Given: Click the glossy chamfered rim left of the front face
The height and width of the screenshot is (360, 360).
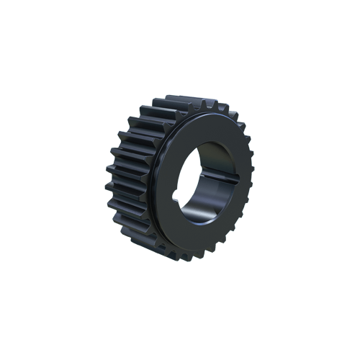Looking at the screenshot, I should click(x=155, y=180).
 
